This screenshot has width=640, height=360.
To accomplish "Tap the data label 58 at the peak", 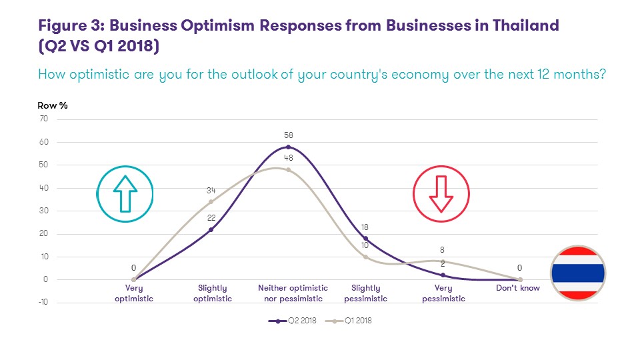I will (288, 135).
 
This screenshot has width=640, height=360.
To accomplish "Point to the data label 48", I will (288, 158).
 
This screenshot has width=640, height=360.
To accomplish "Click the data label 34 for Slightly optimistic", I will (211, 190).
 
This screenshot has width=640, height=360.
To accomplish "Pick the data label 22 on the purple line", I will (211, 218).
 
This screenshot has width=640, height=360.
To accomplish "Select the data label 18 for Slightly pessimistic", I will (365, 227).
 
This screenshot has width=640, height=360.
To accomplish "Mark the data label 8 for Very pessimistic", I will (443, 249).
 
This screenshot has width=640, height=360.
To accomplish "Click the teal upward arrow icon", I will (125, 193).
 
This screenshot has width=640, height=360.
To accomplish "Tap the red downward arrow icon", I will (441, 193).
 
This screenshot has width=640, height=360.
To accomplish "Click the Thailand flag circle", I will (577, 273).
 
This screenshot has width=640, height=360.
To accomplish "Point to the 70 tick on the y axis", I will (44, 119).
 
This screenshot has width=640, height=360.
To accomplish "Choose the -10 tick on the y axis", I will (42, 303).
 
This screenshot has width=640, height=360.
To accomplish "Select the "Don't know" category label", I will (519, 289).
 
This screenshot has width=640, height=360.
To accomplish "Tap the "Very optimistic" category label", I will (134, 293).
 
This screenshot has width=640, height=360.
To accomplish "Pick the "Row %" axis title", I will (53, 105).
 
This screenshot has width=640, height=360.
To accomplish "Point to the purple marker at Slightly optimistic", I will (211, 229).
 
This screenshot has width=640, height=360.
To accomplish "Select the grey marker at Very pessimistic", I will (443, 261).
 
